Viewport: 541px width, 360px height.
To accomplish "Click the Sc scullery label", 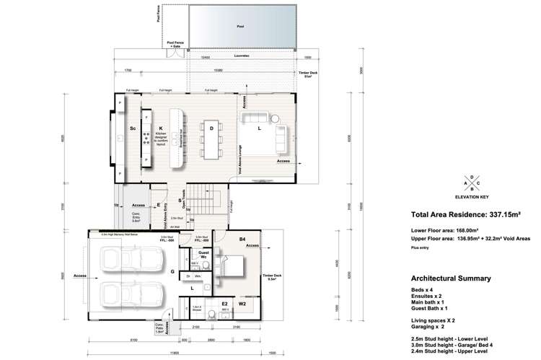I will coord(132,128).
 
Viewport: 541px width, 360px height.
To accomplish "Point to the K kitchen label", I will coord(160,128).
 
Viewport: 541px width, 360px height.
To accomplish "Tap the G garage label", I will coord(172,272).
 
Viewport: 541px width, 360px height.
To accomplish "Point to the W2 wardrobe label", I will coord(242,304).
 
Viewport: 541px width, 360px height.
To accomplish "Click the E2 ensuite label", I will coord(224,304).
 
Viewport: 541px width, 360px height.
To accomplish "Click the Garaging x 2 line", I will coord(430,326).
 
